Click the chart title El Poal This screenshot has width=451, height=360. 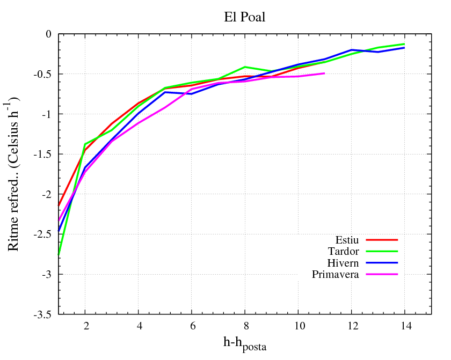[245, 17]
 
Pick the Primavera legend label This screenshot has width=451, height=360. [336, 274]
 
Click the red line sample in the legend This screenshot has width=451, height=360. [381, 240]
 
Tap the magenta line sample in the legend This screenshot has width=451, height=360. [381, 274]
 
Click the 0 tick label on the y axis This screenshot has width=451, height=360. [48, 34]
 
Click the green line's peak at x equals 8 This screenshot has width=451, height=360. [245, 67]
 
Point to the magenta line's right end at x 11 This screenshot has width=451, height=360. [324, 73]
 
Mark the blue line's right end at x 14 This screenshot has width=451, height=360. [404, 48]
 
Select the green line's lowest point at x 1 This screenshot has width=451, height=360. [59, 255]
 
